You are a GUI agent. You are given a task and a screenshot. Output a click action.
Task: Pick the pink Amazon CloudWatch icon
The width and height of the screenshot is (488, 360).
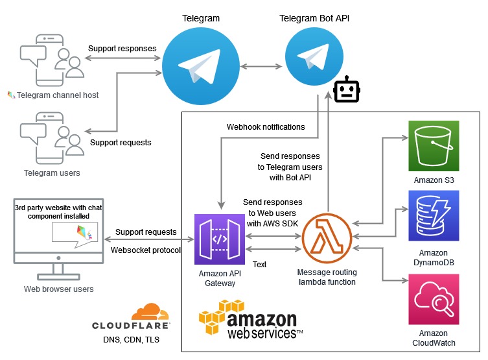click(434, 299)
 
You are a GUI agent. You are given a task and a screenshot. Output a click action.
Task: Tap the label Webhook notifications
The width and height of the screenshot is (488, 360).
click(265, 127)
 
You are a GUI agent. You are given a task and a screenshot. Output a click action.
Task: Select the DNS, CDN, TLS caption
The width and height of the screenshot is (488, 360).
click(131, 339)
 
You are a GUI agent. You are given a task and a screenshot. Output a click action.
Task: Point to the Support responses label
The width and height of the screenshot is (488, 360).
click(122, 49)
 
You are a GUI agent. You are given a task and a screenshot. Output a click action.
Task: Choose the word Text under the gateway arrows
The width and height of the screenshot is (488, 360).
click(259, 264)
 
